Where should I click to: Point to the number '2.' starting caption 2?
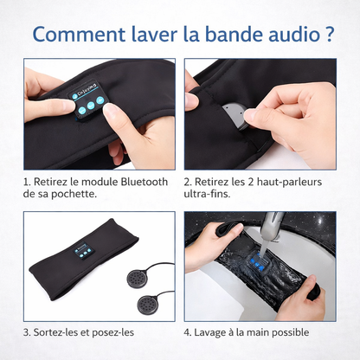click(x=189, y=183)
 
